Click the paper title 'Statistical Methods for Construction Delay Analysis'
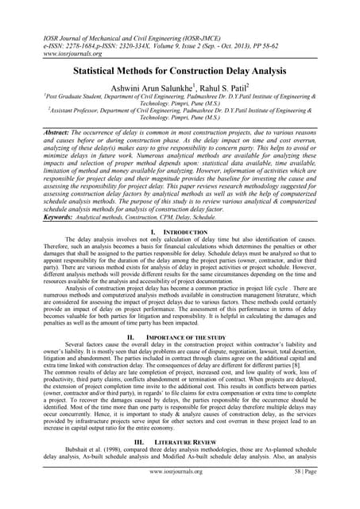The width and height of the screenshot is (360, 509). tap(180, 70)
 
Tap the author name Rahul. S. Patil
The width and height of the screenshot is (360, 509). tap(226, 86)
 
